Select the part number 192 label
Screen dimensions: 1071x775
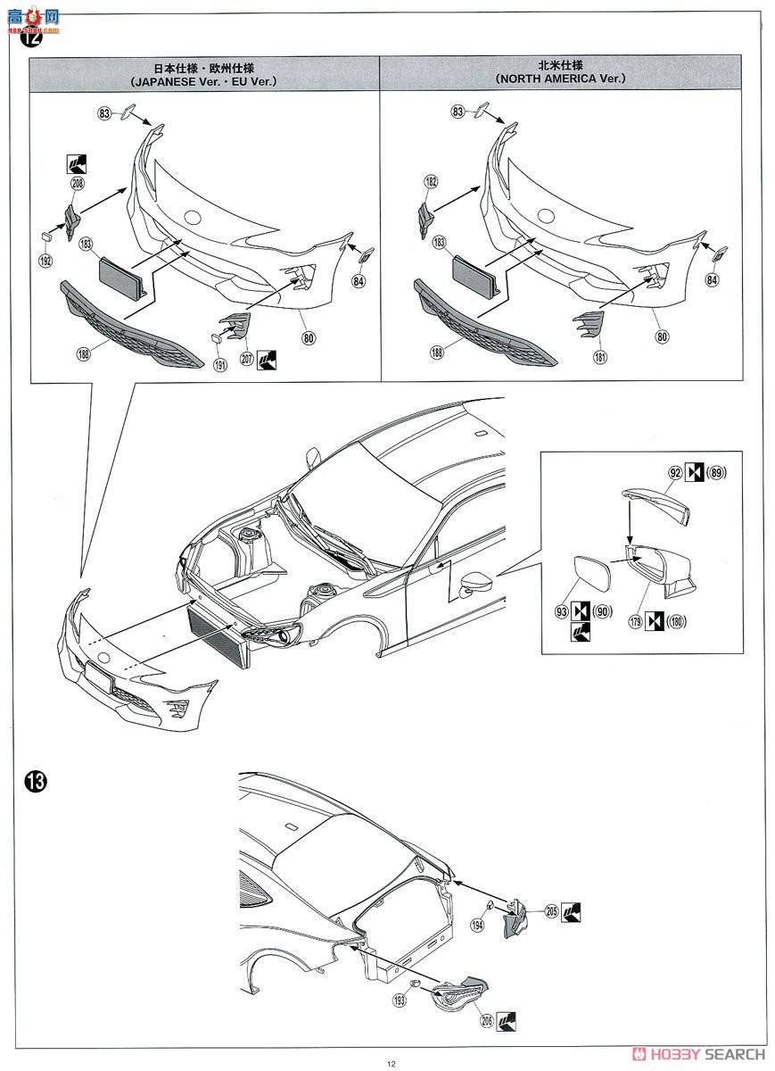[x=45, y=261]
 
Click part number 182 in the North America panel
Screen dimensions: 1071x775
[x=431, y=181]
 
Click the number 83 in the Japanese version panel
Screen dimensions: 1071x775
[x=105, y=112]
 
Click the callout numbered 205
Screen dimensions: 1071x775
[x=551, y=910]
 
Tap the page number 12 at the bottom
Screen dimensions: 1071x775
[x=391, y=1062]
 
